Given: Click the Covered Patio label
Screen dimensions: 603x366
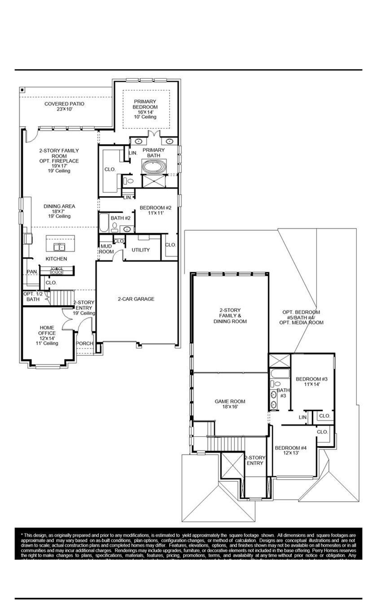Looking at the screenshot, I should tap(64, 106).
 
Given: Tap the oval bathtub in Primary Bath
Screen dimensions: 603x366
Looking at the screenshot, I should tap(154, 166).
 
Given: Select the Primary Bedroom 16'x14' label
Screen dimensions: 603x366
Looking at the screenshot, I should tap(145, 109).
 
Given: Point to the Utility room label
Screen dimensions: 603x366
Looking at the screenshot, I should tap(141, 250).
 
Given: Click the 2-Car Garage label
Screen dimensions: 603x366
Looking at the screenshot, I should tap(136, 299).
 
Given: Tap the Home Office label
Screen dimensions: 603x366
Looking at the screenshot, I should tap(47, 335).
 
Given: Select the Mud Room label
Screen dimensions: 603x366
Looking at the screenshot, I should tap(106, 249).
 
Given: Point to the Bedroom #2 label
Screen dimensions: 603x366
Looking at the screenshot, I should tap(156, 210).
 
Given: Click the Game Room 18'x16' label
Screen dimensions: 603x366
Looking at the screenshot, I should tap(230, 404).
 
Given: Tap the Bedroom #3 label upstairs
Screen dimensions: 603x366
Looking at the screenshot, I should tap(312, 382).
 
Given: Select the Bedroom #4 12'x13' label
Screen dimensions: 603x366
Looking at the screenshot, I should tap(291, 450).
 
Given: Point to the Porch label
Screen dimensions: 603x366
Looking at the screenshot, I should tap(85, 343).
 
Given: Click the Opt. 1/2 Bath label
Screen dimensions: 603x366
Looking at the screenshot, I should tap(33, 297).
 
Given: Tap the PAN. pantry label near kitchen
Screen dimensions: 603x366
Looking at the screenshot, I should tap(32, 271).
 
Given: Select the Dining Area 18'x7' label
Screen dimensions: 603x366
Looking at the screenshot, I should tap(59, 211).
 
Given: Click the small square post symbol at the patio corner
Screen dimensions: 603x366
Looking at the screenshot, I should tap(22, 90).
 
